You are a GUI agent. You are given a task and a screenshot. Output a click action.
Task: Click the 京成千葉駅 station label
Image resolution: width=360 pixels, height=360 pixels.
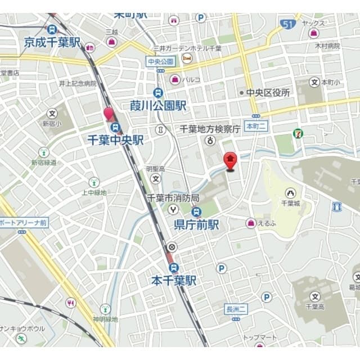52,42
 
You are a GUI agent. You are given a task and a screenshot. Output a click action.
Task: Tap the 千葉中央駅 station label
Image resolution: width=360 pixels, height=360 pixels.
115,139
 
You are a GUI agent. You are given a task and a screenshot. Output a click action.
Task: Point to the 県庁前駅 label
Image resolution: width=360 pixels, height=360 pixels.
196,224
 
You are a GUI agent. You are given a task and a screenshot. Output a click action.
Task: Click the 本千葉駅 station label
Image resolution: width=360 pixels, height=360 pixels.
174,280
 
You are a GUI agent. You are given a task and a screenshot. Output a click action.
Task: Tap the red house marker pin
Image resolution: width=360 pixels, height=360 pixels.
230,161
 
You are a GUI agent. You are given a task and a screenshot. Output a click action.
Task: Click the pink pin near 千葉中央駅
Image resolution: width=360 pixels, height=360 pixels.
109,115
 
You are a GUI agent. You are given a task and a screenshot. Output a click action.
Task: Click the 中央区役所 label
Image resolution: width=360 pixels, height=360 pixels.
268,92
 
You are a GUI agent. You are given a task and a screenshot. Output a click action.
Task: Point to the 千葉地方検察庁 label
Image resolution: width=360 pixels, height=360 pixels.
210,129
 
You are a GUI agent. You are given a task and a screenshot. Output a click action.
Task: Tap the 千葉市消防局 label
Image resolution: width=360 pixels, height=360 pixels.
173,198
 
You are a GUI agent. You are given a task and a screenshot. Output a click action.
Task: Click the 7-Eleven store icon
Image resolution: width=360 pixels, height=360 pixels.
296,133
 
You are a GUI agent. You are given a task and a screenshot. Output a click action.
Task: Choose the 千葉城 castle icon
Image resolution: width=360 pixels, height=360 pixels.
290,193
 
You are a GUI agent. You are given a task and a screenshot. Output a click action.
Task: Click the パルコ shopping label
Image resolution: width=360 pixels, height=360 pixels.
191,80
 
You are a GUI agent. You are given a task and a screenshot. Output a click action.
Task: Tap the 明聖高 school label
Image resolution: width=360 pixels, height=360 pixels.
155,168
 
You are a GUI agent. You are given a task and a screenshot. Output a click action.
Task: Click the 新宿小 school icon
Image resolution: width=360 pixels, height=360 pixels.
52,113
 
